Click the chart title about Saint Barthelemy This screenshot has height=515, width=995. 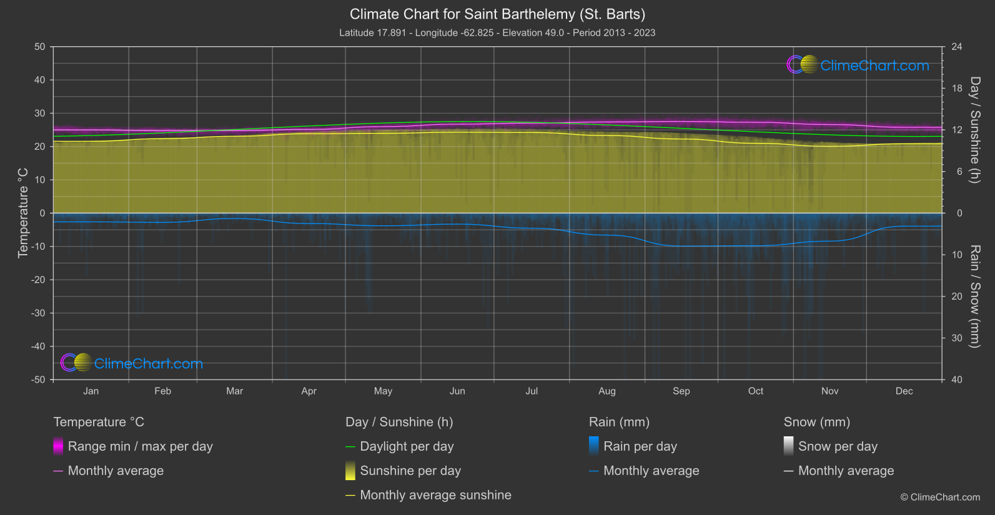click(497, 14)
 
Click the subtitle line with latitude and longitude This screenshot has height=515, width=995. click(497, 32)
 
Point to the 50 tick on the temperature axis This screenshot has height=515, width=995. click(40, 47)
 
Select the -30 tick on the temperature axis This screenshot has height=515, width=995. click(38, 313)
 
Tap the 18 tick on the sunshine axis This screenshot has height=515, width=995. click(957, 89)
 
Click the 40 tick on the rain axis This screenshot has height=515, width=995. click(957, 380)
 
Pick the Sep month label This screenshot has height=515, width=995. click(681, 391)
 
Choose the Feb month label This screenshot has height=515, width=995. click(162, 391)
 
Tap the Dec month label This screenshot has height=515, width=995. click(904, 391)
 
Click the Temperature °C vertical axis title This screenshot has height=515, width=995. click(23, 213)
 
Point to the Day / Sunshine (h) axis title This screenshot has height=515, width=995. click(974, 130)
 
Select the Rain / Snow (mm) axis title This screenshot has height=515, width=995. click(974, 297)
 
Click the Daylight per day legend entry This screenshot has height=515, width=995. click(407, 446)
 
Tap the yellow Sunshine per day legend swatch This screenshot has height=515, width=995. click(350, 471)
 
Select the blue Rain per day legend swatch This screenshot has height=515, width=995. click(594, 446)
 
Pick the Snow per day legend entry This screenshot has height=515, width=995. click(838, 446)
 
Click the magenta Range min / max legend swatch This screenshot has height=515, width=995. click(58, 446)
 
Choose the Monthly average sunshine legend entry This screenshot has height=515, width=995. click(435, 495)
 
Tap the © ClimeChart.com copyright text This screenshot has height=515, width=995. click(940, 497)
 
